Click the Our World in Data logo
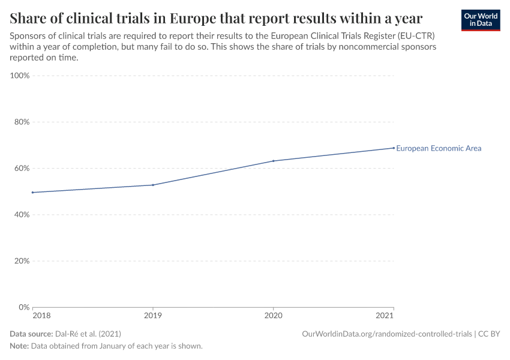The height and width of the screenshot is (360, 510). [481, 20]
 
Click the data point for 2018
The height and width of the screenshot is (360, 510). [32, 193]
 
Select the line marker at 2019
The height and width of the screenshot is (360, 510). [153, 185]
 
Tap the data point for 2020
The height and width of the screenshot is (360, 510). [274, 161]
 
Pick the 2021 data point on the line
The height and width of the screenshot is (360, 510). [394, 148]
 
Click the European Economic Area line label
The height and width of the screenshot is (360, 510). [439, 148]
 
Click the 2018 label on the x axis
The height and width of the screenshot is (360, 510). [41, 316]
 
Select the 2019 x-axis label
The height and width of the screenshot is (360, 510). [153, 316]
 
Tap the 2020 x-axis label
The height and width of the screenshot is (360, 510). [274, 316]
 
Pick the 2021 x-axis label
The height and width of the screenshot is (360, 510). [385, 316]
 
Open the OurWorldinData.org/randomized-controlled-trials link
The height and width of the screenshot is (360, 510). [387, 334]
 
